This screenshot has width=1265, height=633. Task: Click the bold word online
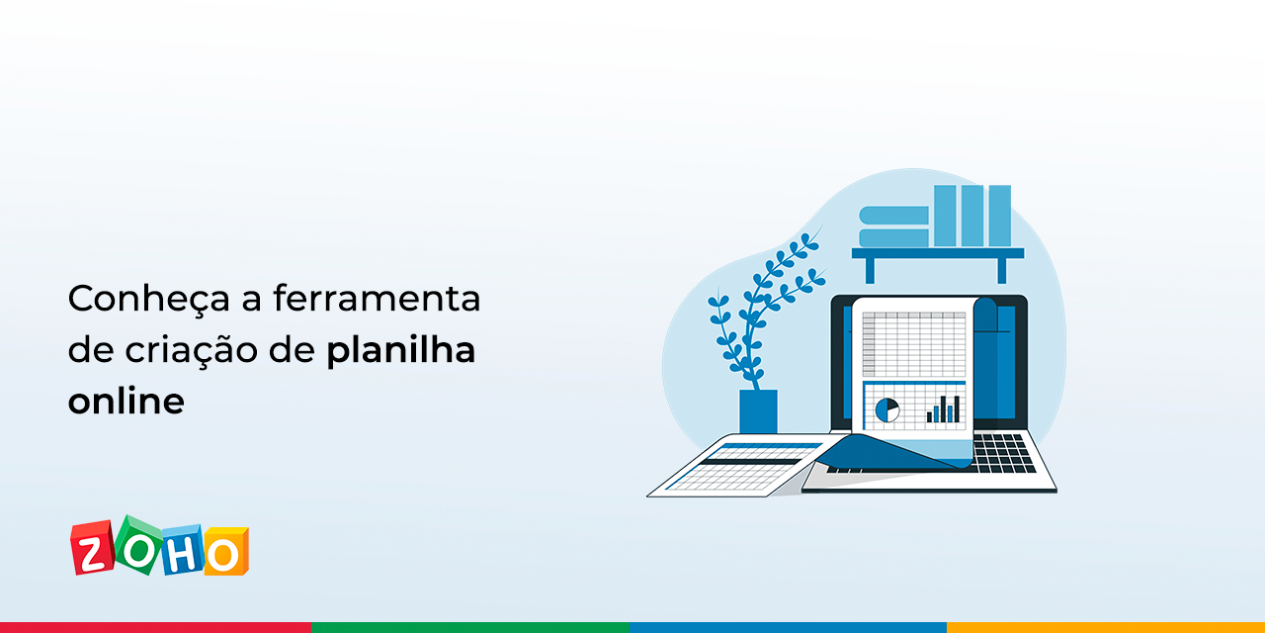click(x=126, y=403)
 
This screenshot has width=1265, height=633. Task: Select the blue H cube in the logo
click(x=183, y=552)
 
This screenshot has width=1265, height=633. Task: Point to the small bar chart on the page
click(x=943, y=408)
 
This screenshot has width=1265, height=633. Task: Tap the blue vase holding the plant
click(x=758, y=411)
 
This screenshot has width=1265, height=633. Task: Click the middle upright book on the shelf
click(x=972, y=216)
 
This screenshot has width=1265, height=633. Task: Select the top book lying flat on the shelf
click(x=893, y=215)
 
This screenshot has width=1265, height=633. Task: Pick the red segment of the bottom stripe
click(x=155, y=627)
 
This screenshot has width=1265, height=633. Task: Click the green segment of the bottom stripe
click(x=470, y=627)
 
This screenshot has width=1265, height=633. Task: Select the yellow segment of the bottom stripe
click(x=1105, y=627)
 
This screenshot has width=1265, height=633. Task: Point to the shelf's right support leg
click(x=1001, y=270)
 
